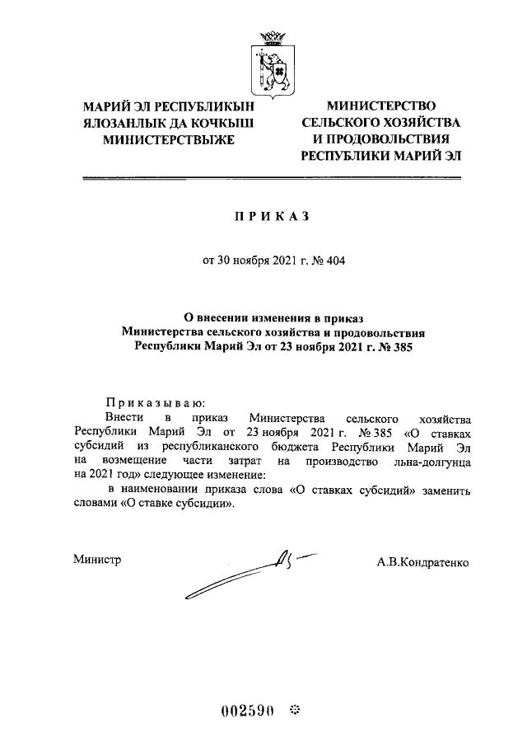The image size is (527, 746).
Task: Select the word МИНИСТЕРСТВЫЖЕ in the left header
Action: click(x=168, y=139)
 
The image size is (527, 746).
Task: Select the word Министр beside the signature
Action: click(x=97, y=561)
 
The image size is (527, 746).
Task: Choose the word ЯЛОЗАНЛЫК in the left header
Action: click(x=121, y=123)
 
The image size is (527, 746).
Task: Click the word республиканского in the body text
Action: click(x=216, y=447)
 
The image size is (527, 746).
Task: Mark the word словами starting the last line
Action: click(x=96, y=506)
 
